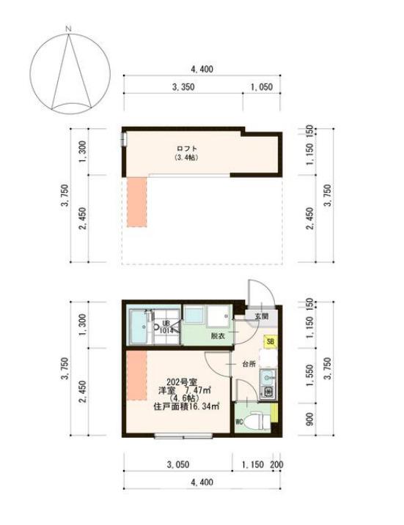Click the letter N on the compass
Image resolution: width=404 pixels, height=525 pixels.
click(67, 29)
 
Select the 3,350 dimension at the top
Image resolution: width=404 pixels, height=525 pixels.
click(183, 86)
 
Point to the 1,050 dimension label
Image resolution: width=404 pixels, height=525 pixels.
click(261, 86)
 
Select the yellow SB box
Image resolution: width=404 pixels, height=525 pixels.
click(271, 340)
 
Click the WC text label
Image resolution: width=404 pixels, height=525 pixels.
click(239, 422)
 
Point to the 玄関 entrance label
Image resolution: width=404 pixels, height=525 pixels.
click(261, 316)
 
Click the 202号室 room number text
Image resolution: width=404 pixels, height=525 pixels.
click(181, 382)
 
